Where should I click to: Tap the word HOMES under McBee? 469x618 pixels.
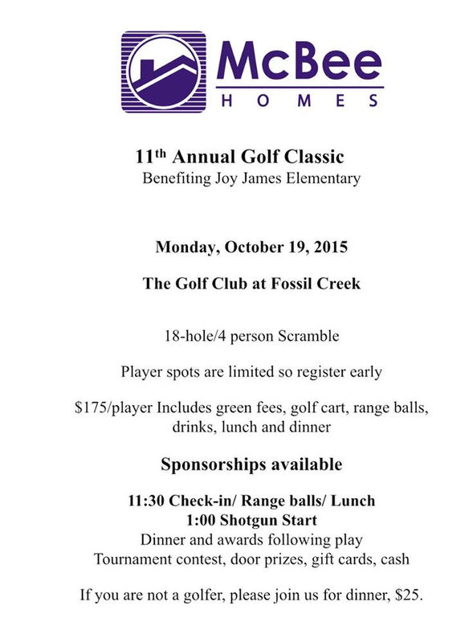[x=299, y=100]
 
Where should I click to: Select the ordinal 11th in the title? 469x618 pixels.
[x=150, y=156]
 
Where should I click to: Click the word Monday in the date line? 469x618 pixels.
[x=183, y=247]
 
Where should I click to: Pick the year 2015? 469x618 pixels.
[x=330, y=247]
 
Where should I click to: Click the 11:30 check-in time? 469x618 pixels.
[x=146, y=501]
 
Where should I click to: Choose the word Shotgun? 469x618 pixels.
[x=251, y=520]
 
